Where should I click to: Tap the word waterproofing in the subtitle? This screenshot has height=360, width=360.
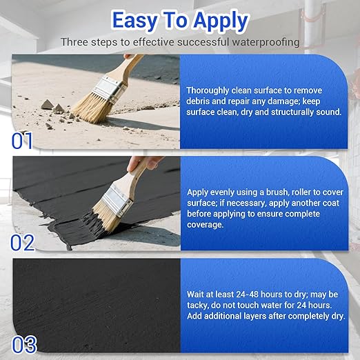(267, 42)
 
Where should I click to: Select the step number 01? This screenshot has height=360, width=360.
(22, 141)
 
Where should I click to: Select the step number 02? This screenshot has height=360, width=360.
(23, 242)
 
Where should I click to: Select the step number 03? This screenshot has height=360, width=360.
(23, 343)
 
